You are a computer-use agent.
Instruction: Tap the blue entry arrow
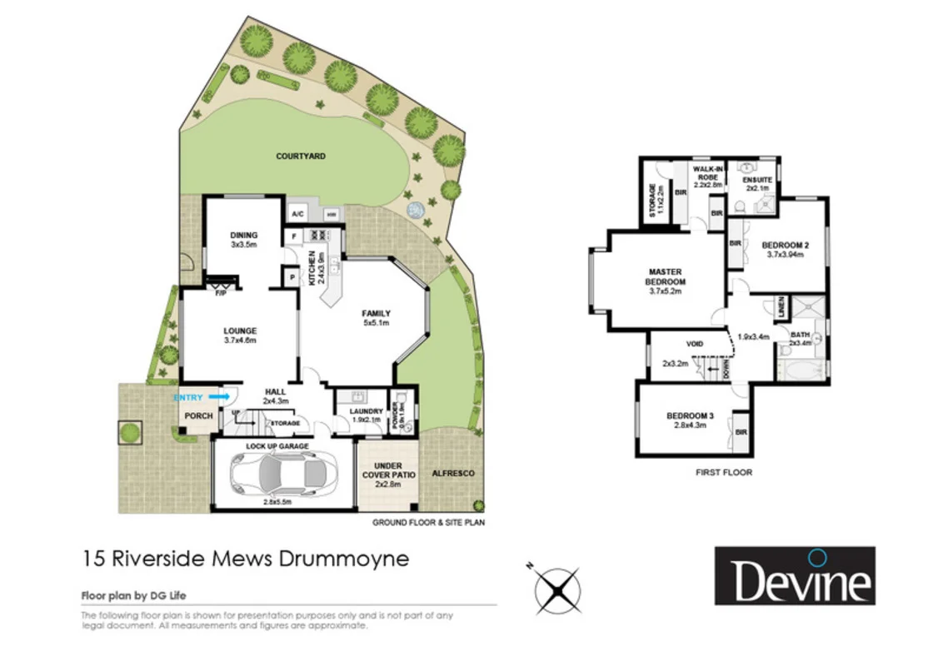pos(222,398)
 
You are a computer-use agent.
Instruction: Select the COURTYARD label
pos(301,156)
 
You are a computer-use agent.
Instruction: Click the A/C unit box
pos(297,214)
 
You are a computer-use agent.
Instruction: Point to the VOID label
pos(696,343)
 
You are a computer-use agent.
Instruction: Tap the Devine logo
pos(794,575)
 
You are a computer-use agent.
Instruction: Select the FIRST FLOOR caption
pos(724,472)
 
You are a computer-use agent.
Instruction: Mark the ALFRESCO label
pos(453,473)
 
